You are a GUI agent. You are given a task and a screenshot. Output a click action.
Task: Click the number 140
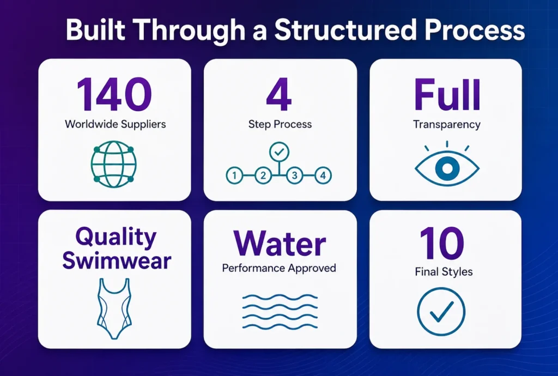(114, 95)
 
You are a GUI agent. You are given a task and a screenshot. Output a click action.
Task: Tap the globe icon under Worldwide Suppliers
(113, 165)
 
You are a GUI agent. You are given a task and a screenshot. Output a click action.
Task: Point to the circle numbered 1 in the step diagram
(234, 175)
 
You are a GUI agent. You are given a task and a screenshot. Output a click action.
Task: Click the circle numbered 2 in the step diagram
(263, 175)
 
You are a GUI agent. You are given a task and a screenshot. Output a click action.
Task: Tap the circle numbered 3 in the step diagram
(295, 175)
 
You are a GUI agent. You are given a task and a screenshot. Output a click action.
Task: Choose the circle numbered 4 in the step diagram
(323, 175)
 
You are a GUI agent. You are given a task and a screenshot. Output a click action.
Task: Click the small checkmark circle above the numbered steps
(280, 152)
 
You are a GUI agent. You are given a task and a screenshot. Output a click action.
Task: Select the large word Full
(447, 95)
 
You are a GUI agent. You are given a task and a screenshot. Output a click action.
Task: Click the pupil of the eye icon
(447, 168)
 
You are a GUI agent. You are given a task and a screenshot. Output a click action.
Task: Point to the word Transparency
(447, 124)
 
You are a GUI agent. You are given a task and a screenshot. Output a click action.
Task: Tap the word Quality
(116, 236)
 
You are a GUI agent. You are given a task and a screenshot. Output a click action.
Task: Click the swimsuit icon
(114, 309)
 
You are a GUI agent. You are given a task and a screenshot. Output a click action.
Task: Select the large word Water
(280, 244)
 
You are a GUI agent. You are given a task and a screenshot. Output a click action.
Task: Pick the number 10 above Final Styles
(441, 244)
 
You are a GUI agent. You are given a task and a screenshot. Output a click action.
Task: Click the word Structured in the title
(345, 31)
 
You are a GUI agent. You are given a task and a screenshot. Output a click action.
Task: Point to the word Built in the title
(95, 30)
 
